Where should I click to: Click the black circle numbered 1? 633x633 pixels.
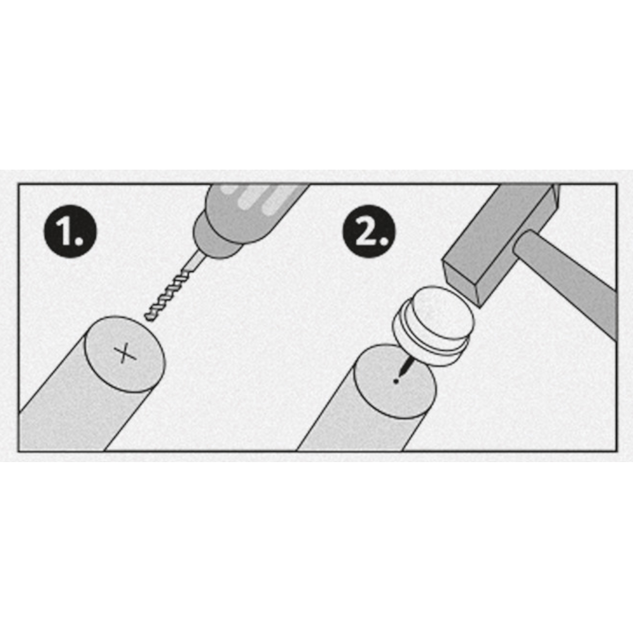[x=70, y=231]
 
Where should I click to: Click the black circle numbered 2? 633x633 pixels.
[x=369, y=231]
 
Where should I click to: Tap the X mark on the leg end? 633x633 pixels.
[x=125, y=353]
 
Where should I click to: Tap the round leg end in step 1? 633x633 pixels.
[x=125, y=354]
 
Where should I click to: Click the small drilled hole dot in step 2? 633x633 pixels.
[x=396, y=380]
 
